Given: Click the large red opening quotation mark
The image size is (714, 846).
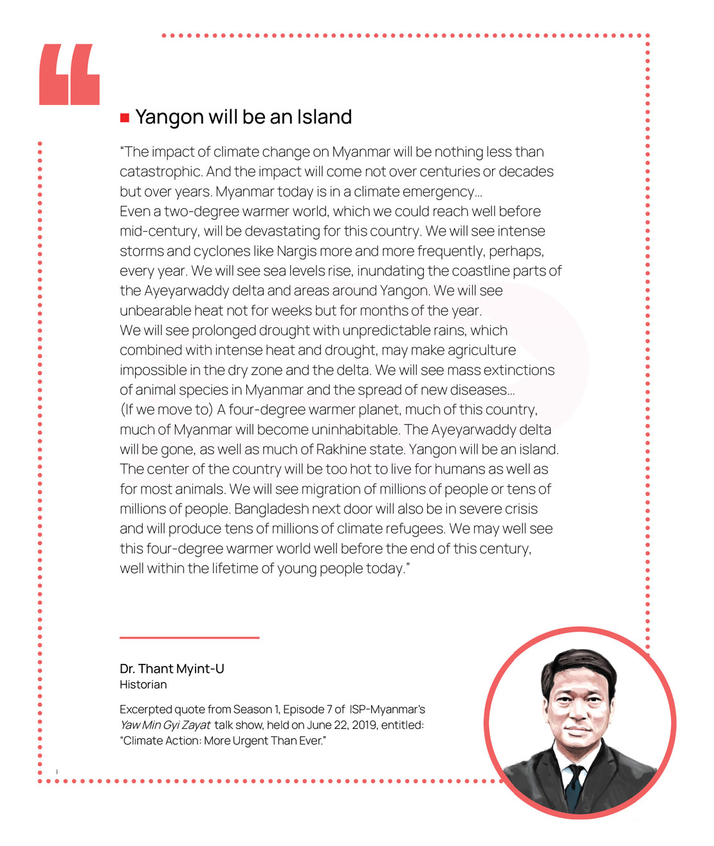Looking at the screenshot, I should (x=69, y=75).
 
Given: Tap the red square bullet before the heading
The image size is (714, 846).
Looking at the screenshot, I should (x=125, y=118).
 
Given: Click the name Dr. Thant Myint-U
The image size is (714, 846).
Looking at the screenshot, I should (x=172, y=669).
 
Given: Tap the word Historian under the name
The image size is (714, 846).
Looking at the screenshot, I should (x=143, y=685).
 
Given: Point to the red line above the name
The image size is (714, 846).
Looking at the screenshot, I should (x=189, y=638).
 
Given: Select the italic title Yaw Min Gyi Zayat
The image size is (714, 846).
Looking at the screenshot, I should (x=165, y=725).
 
